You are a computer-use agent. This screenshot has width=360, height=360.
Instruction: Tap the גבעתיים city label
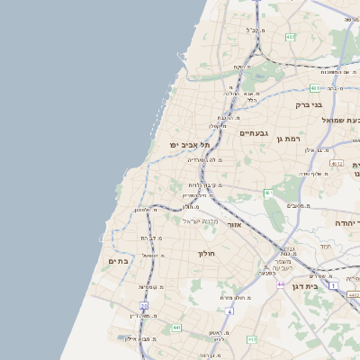click(x=253, y=133)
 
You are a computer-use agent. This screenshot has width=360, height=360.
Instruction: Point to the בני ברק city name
click(x=309, y=104)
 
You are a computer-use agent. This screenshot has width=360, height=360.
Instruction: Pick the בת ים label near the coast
click(x=119, y=260)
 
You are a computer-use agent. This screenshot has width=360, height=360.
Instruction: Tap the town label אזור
click(x=235, y=224)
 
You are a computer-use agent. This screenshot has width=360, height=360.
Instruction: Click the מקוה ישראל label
click(x=201, y=220)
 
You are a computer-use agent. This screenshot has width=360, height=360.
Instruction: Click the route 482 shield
click(x=290, y=37)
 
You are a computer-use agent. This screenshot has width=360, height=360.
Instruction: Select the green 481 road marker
click(x=314, y=88)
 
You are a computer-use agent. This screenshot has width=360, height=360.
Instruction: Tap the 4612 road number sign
click(x=337, y=164)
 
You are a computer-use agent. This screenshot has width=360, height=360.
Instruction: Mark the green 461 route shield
click(x=268, y=193)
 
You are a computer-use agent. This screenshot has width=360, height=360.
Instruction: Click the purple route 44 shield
click(x=281, y=284)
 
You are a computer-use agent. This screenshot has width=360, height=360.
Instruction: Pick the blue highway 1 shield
click(x=333, y=286)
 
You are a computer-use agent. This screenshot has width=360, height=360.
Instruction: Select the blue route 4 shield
click(x=229, y=311)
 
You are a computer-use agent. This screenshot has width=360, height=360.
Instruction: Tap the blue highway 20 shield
click(x=143, y=305)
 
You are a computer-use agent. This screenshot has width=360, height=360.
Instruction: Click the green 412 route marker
click(x=252, y=339)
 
